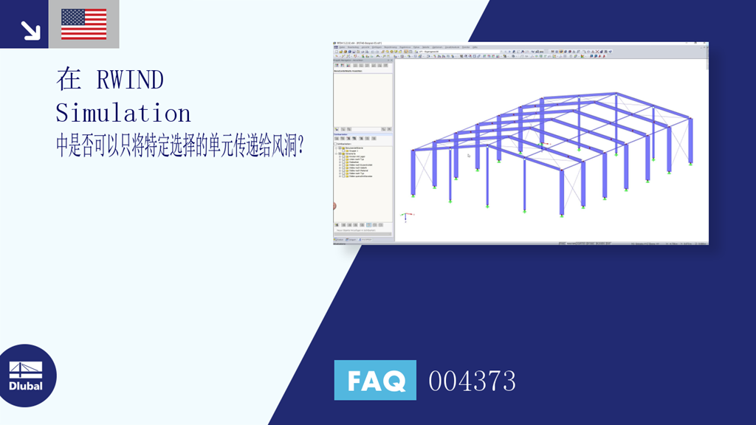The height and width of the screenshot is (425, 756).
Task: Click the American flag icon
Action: pos(83,24)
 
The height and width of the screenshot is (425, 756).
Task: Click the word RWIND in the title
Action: pos(130,80)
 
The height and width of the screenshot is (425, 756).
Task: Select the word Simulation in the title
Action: pos(123,113)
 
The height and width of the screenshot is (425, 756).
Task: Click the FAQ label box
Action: pos(375,380)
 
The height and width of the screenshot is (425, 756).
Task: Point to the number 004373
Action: pos(472,381)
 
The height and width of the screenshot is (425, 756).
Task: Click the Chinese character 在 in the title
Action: pos(68,80)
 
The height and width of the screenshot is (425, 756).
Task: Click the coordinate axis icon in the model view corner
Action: pos(405,217)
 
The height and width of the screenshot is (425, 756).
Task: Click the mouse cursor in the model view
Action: pos(468,155)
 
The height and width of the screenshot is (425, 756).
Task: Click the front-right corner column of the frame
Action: pos(562,192)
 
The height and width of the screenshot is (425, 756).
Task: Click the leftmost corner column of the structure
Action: pos(413,173)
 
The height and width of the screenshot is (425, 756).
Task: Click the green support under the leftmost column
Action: pos(413,197)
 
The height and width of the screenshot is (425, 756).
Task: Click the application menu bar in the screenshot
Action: pos(443,46)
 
